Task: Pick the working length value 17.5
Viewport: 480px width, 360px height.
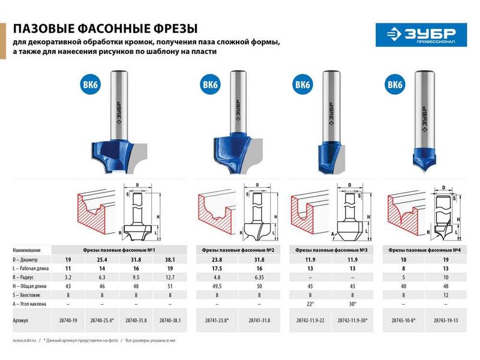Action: (x=216, y=269)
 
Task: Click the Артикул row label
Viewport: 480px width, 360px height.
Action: (x=22, y=321)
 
